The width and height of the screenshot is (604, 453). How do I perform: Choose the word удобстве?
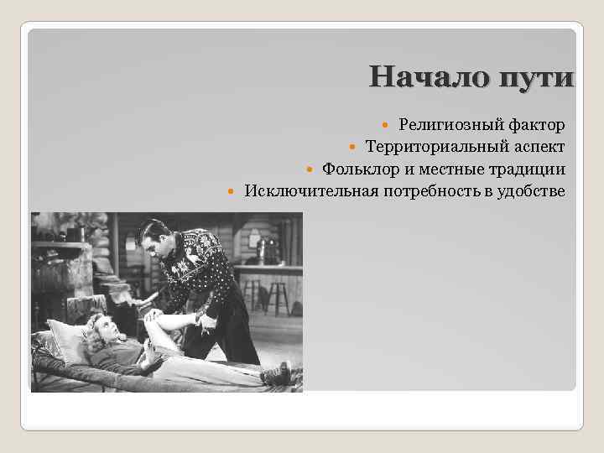click(532, 192)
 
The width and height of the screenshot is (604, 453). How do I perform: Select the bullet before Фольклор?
click(310, 169)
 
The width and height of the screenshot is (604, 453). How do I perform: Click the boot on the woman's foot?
click(277, 373)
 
